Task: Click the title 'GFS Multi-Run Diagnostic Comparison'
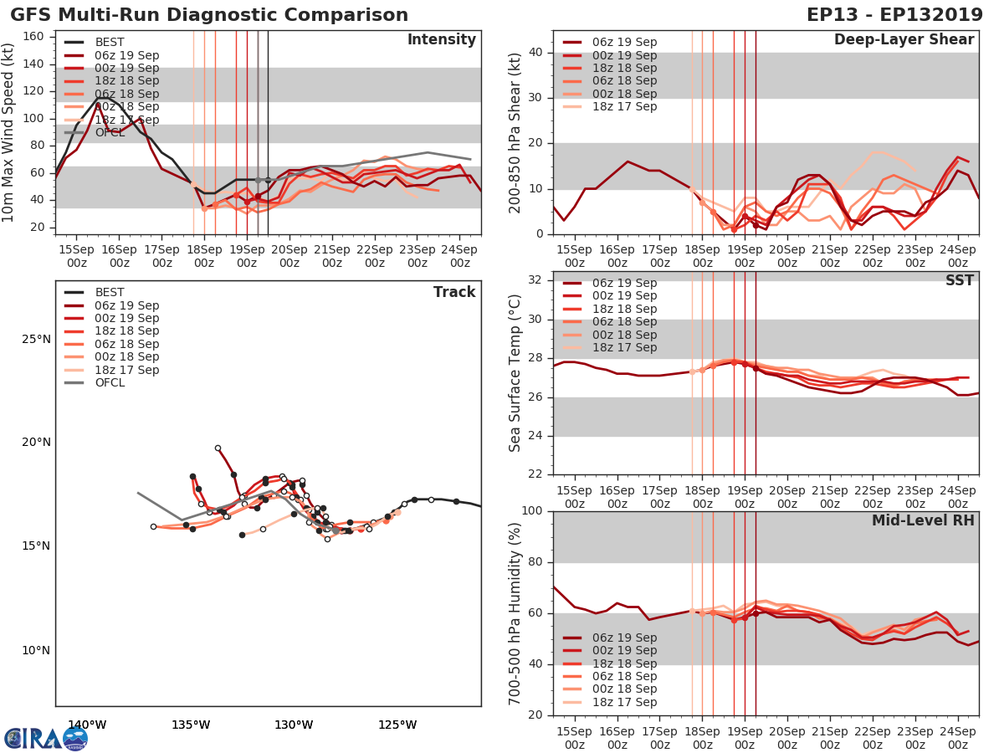209,15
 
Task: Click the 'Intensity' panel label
441,40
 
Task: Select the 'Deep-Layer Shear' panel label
904,40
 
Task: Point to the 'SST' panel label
959,280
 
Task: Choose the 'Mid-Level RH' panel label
923,520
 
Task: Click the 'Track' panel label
454,292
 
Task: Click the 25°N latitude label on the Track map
36,340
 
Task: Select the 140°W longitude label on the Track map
87,725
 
